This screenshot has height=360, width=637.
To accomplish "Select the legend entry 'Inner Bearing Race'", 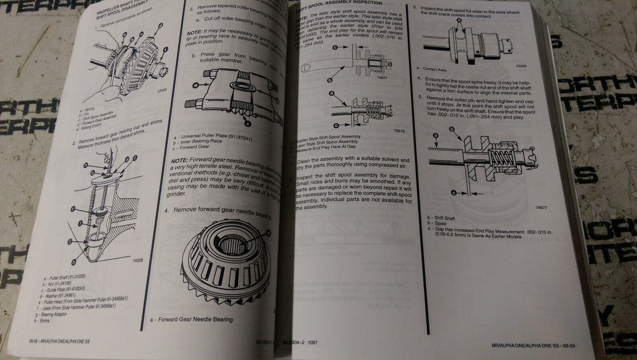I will (202, 141).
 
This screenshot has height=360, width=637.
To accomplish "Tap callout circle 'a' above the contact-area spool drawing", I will (460, 23).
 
